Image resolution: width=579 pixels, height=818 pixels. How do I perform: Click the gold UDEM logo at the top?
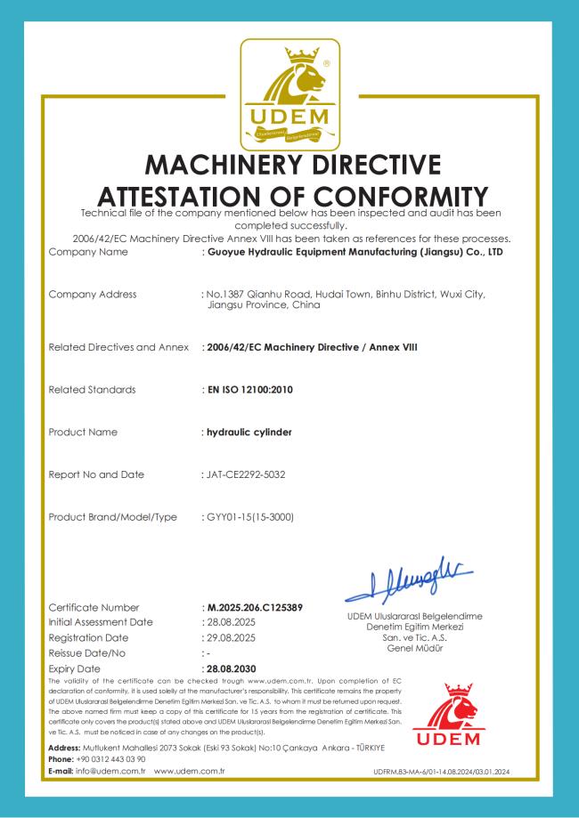click(x=290, y=94)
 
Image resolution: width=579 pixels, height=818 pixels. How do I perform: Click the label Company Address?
click(x=93, y=294)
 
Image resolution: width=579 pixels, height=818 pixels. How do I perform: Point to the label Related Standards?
click(x=93, y=389)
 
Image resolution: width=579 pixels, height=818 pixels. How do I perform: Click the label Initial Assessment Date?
click(x=101, y=622)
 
